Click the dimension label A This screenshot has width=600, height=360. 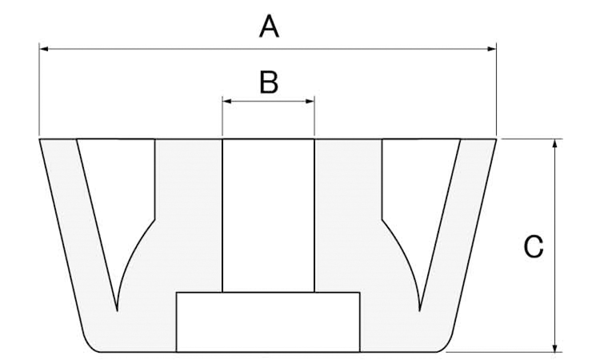coord(270,27)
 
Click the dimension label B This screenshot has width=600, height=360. coord(269,82)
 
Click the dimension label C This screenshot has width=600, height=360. coord(534,246)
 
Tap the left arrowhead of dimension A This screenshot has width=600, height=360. coord(43,50)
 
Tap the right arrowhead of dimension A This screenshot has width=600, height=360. coord(493,50)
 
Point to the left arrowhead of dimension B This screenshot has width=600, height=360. coord(226,102)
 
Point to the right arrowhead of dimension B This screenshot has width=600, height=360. coord(310,102)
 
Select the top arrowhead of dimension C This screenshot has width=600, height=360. coord(554,142)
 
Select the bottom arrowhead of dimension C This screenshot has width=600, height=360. coord(554,347)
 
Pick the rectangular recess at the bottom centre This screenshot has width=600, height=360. coord(268,322)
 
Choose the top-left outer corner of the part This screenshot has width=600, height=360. coord(40,139)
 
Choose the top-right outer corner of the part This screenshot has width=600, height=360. coord(496,139)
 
